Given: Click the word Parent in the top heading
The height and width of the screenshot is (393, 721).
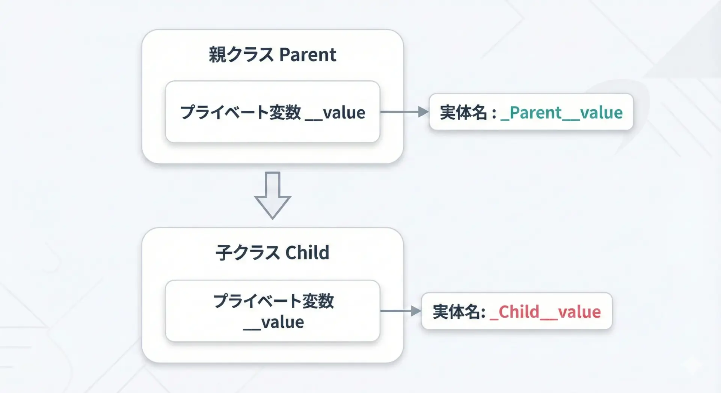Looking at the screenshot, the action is coord(308,55).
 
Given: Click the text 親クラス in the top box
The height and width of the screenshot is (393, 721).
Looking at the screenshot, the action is coord(241,55).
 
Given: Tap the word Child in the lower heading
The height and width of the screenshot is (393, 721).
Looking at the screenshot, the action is coord(307,253).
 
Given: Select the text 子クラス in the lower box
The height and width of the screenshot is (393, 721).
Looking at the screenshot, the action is coord(247,253).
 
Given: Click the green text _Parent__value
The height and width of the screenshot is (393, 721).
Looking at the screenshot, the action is coord(561,113).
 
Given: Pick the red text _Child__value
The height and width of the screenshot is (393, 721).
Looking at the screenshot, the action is coord(545,312).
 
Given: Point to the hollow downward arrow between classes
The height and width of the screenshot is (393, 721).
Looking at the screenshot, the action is coord(273,196).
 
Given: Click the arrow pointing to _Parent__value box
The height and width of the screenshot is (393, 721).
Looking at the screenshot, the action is coord(404,111).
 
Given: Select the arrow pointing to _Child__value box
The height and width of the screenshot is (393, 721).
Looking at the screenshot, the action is coord(401,311).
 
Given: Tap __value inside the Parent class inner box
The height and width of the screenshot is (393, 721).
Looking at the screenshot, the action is coord(335,113).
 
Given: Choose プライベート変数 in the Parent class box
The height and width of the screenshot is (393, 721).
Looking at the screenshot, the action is coord(241,113).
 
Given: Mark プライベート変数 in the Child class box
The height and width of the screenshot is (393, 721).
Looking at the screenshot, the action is coord(273,301).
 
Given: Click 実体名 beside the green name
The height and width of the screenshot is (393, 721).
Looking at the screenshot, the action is coord(463,113).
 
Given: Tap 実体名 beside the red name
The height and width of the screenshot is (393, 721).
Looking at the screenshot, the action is coord(456,312).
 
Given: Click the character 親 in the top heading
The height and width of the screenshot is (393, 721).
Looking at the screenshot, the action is coord(217,55).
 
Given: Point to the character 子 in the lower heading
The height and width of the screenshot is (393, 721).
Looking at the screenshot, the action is coord(224,253).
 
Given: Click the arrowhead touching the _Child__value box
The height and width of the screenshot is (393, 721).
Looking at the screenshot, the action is coord(416,311).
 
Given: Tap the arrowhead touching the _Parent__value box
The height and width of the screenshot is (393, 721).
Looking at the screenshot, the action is coord(424,111).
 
